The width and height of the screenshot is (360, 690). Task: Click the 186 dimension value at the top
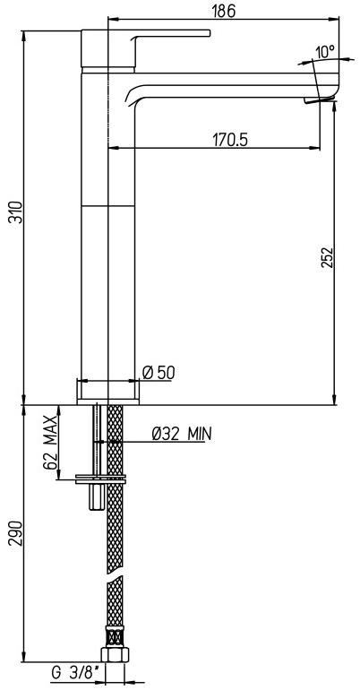pyautogui.click(x=224, y=10)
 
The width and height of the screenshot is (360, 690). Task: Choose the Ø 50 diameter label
pyautogui.click(x=159, y=372)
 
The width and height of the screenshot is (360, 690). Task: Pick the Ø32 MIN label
pyautogui.click(x=181, y=435)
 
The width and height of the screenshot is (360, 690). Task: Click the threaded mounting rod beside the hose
pyautogui.click(x=95, y=439)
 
